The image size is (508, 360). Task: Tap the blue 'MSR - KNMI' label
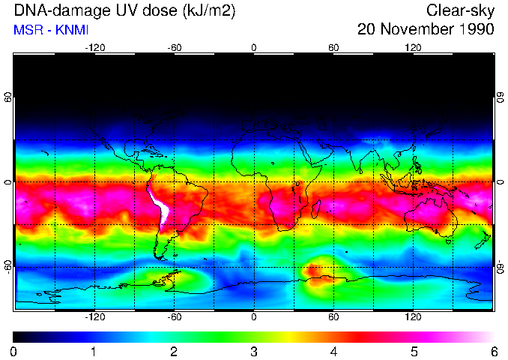46,30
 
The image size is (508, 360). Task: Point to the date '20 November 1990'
426,30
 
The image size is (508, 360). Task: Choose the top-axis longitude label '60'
333,47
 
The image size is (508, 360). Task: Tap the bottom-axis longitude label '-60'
174,317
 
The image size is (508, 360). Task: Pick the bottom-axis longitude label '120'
413,317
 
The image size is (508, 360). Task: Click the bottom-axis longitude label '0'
253,317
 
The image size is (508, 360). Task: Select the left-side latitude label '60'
8,98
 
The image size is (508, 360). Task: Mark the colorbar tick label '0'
14,351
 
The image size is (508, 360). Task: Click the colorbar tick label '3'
253,351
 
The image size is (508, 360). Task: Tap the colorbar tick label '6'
493,351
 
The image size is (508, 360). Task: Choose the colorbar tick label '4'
333,351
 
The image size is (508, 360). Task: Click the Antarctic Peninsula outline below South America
169,277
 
